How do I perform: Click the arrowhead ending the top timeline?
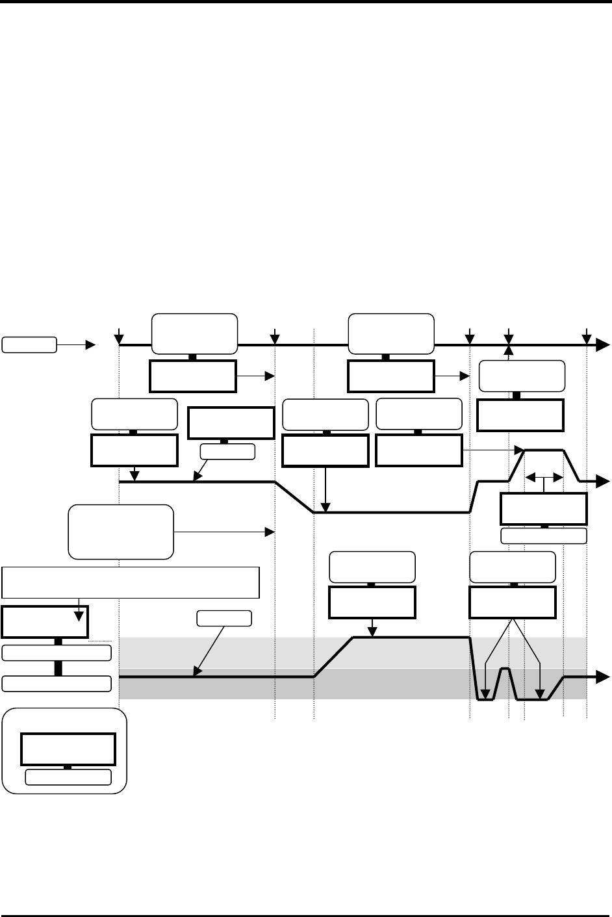[604, 345]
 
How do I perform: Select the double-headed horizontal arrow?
[543, 478]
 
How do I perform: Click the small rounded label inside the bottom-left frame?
[68, 777]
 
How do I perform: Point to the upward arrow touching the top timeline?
[509, 351]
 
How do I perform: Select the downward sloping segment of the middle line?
[295, 497]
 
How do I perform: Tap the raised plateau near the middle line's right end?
[544, 450]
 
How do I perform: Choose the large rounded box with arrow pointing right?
[121, 532]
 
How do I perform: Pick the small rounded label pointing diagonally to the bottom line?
[224, 619]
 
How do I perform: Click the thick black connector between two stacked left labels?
[57, 668]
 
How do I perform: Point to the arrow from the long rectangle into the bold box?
[79, 610]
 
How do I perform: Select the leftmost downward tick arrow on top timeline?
[119, 337]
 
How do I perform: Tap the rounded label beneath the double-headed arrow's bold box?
[544, 536]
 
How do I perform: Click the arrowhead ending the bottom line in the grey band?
[602, 677]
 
